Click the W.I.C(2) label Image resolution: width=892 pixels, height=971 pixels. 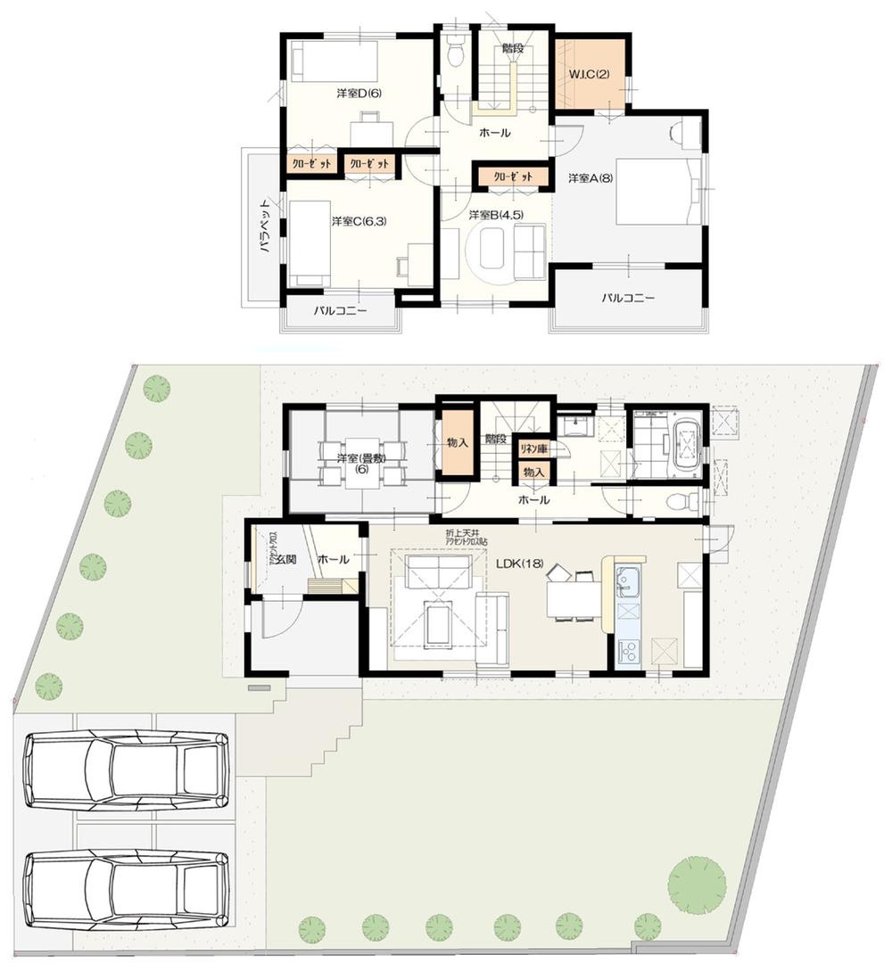pos(590,73)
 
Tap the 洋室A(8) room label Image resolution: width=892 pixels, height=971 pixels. pos(591,179)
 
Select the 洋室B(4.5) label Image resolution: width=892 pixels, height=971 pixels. pos(496,214)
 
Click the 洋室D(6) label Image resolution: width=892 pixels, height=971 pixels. pos(359,94)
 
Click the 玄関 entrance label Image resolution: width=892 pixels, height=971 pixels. pos(285,559)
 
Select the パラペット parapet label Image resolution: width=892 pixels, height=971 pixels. pos(265,227)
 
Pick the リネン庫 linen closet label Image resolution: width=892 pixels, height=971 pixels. pos(533,448)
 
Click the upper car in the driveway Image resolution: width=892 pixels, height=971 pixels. pos(127,769)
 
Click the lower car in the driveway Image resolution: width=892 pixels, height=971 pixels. pos(127,888)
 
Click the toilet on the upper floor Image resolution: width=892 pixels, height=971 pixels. pos(455,53)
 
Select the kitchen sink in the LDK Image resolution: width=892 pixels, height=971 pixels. pos(629,581)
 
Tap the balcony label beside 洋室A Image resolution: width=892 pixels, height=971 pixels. pos(627,298)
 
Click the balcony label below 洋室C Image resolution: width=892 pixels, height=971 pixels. pos(340,312)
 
